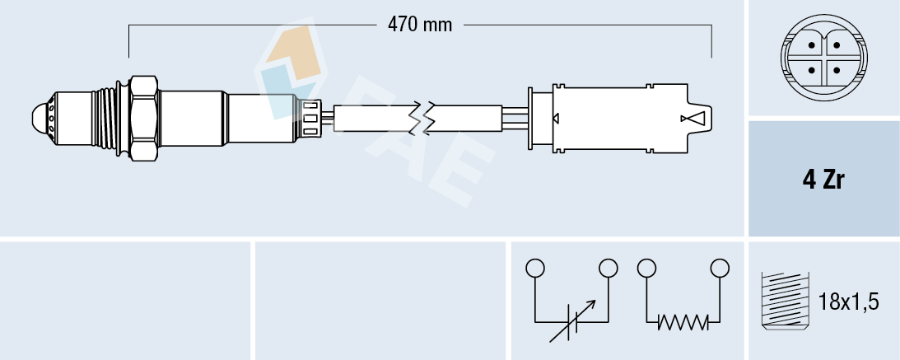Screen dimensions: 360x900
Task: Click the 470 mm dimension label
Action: [x=420, y=25]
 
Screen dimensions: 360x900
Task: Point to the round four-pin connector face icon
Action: [x=823, y=58]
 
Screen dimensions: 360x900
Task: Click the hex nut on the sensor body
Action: [x=143, y=117]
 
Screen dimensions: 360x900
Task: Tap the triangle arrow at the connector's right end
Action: [x=693, y=119]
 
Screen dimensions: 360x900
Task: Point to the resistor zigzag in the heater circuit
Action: [x=683, y=323]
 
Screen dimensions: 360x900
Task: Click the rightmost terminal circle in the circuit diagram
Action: [x=720, y=268]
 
